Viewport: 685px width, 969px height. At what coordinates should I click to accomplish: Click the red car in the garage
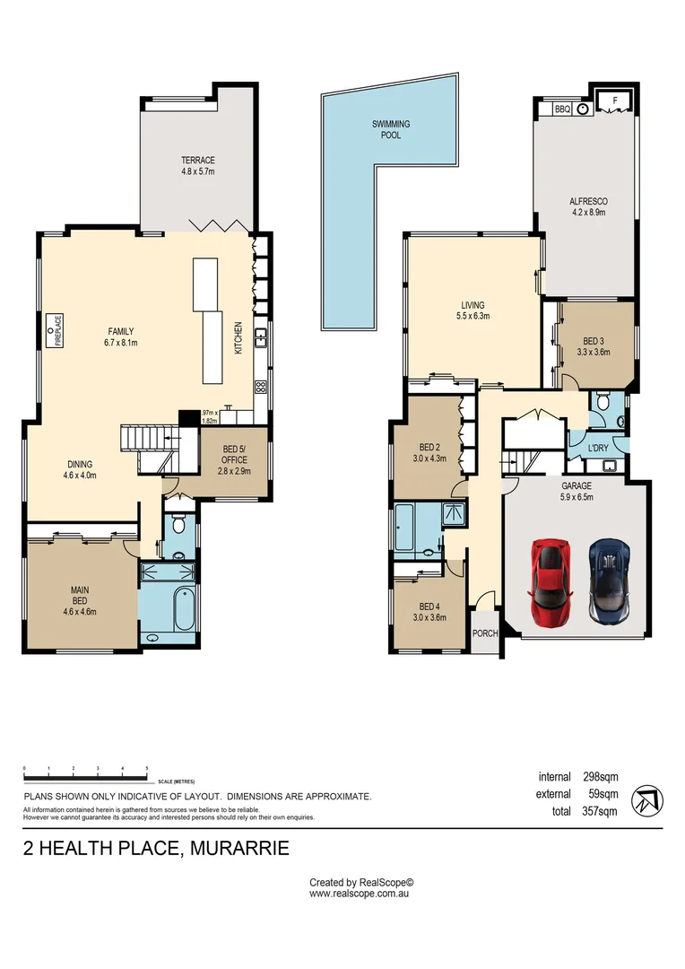click(x=549, y=581)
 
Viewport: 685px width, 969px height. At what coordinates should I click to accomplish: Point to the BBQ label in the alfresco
click(x=562, y=109)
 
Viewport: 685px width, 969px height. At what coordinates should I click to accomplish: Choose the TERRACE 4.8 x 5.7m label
click(x=197, y=166)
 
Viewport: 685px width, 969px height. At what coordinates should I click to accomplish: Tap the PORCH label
click(x=485, y=633)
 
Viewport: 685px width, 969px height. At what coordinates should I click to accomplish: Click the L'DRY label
click(x=598, y=447)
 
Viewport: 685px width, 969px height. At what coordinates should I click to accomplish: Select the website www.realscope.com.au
click(x=359, y=894)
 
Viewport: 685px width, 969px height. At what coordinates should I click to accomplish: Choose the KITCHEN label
click(x=238, y=337)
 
